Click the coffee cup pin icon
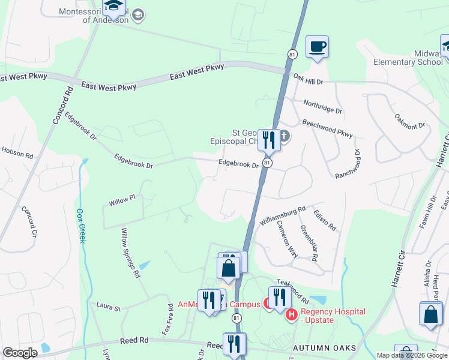click(317, 46)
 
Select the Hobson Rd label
click(17, 153)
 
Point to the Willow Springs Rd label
click(130, 253)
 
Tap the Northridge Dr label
click(322, 107)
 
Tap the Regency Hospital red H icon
click(292, 314)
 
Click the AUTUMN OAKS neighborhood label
click(324, 348)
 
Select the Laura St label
click(109, 307)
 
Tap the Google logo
click(20, 353)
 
